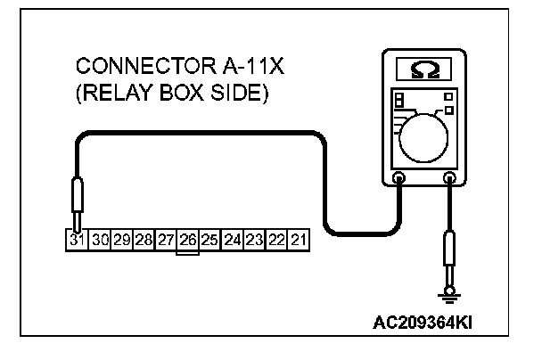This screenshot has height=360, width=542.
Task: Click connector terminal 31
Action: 78,240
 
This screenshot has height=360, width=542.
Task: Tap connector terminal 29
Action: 122,240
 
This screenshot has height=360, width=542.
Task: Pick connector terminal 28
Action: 144,240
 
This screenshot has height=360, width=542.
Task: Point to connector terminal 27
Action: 166,240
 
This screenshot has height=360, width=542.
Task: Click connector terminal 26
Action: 187,240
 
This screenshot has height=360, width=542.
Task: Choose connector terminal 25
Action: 209,240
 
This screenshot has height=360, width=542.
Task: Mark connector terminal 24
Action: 233,240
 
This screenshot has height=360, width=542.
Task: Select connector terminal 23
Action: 254,240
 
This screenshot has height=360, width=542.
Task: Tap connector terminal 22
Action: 276,240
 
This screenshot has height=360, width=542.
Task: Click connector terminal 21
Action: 298,240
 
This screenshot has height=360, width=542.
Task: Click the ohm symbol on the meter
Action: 423,68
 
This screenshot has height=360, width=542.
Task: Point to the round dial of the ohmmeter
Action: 423,138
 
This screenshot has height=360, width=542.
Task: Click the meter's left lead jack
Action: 398,179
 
